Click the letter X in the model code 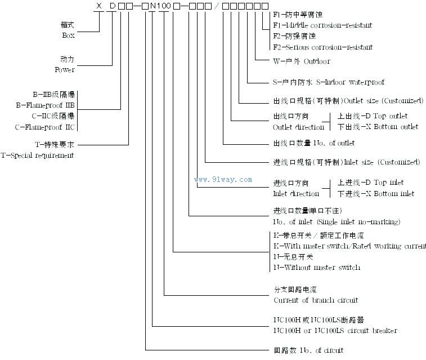tap(99, 6)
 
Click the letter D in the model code tap(112, 6)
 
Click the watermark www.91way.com tap(223, 180)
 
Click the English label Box tap(68, 35)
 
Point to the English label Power tap(65, 70)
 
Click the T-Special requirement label tap(37, 154)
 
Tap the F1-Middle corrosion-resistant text tap(322, 25)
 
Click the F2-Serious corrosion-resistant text tap(322, 47)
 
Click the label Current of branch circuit tap(315, 300)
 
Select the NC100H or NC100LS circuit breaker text tap(335, 330)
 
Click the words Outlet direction tap(295, 127)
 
